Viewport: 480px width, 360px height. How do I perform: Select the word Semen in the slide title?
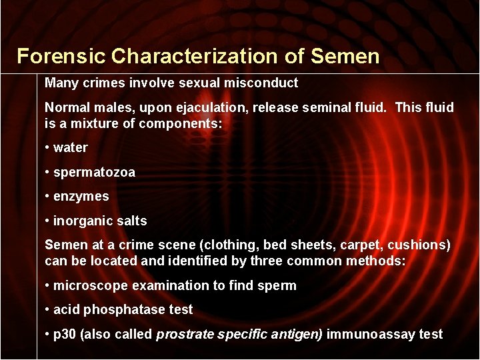[x=345, y=56]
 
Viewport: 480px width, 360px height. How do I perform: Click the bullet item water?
[x=70, y=147]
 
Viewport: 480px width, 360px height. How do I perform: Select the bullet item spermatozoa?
[x=94, y=172]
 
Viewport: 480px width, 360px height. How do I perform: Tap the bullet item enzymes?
[x=81, y=197]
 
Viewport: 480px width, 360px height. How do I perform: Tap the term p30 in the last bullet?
[x=65, y=334]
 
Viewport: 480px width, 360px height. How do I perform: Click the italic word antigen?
[x=297, y=334]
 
